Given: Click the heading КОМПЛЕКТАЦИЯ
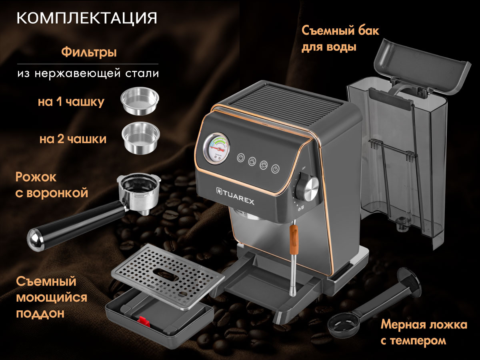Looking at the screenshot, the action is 87,18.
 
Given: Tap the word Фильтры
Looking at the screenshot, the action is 89,53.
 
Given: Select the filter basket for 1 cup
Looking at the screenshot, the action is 140,101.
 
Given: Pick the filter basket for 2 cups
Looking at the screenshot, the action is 141,138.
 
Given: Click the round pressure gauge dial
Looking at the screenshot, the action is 216,149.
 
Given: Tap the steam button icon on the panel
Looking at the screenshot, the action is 275,169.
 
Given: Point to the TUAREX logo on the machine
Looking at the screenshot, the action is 235,196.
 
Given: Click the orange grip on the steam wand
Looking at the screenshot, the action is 294,239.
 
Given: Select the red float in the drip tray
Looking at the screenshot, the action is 144,322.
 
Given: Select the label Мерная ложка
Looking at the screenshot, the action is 424,324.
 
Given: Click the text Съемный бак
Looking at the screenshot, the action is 340,31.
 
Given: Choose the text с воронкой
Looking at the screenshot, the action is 52,193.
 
